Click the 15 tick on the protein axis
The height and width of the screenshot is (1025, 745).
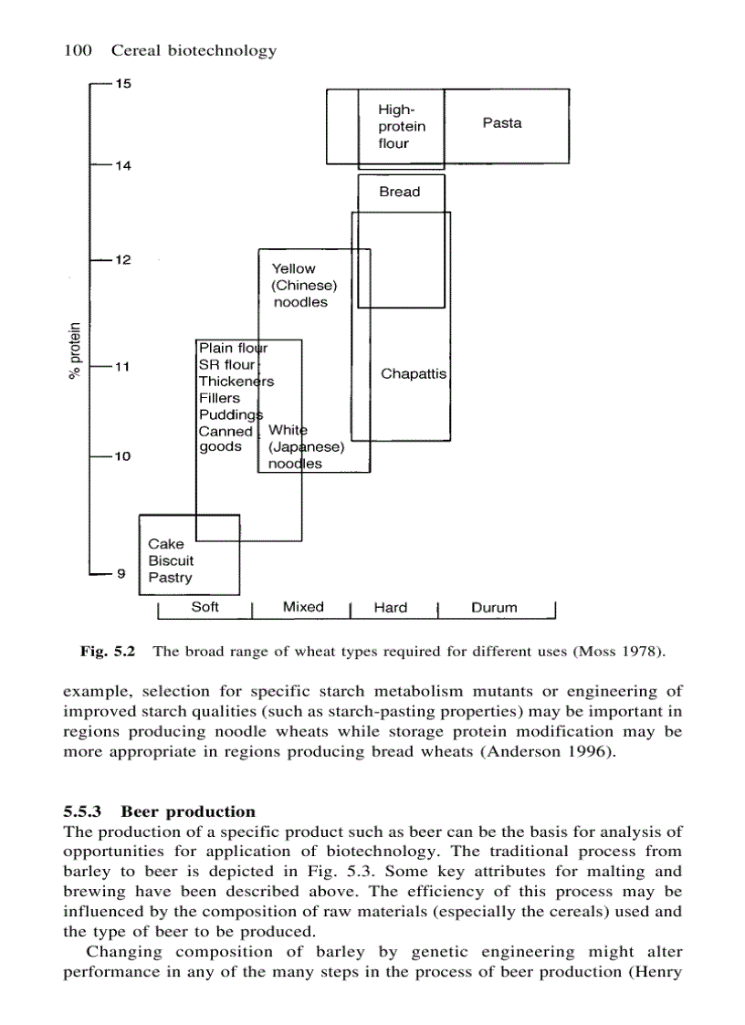122,85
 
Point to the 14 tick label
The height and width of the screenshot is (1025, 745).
122,166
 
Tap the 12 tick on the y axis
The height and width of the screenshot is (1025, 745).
122,260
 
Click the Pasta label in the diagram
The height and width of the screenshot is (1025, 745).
502,123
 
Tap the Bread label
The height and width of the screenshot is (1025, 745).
400,192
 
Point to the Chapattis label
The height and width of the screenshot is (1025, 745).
414,374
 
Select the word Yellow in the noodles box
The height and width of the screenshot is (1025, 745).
293,268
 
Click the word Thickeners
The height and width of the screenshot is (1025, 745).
236,382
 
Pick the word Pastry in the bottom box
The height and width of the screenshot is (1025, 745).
171,578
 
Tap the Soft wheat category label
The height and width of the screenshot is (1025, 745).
205,607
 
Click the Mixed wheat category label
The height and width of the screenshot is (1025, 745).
303,607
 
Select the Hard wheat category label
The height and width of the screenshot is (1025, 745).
391,608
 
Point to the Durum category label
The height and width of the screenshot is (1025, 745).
494,608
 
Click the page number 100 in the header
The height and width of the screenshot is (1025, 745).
78,50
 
